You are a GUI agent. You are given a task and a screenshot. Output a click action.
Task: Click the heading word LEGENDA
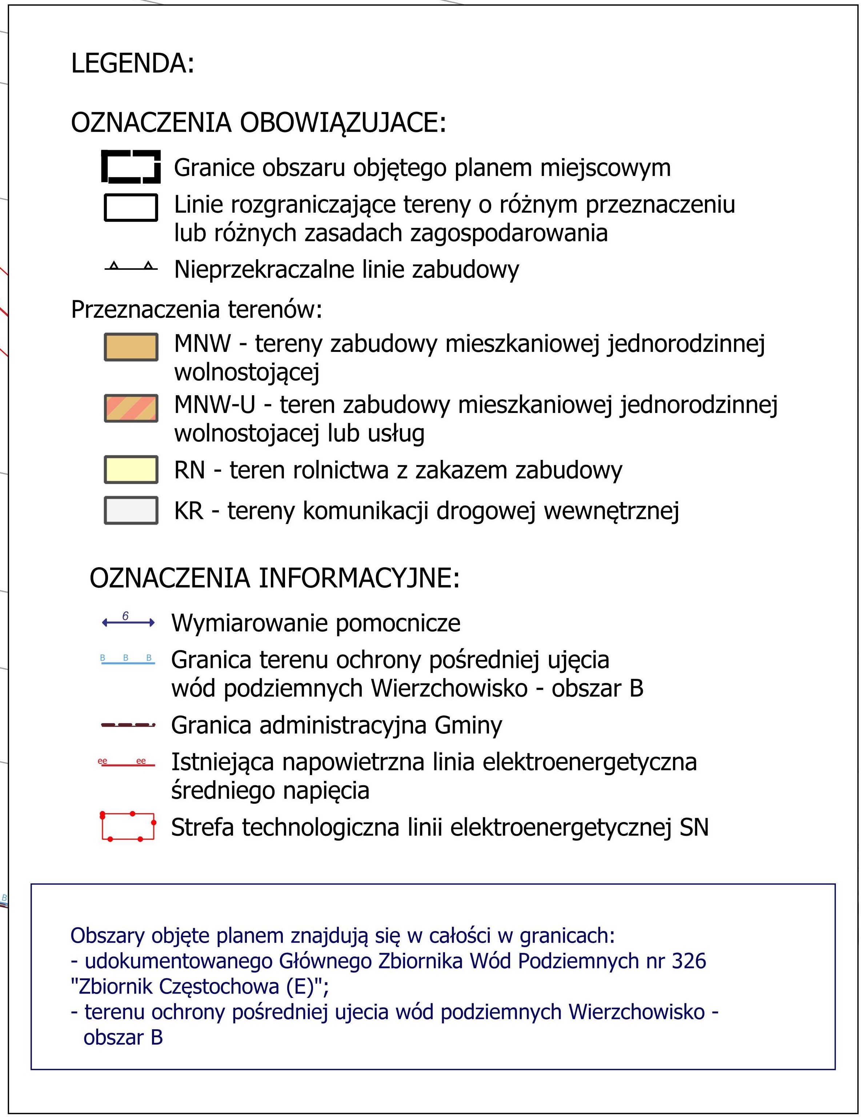click(132, 64)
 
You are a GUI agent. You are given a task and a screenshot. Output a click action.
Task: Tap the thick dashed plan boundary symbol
click(131, 167)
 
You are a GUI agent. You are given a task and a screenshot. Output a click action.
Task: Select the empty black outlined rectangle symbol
click(131, 208)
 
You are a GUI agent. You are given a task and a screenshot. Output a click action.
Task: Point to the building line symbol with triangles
click(131, 267)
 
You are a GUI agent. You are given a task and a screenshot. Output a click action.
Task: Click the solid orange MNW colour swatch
click(131, 347)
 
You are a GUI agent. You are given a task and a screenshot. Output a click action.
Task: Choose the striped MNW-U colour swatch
click(131, 408)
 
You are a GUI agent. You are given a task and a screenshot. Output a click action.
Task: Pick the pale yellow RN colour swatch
click(131, 469)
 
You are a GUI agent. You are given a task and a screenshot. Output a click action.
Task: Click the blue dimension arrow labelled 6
click(128, 622)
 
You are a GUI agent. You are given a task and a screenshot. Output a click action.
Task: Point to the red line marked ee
click(128, 764)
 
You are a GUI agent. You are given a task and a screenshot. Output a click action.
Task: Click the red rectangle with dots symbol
click(128, 826)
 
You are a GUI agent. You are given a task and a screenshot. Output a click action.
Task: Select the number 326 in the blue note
click(688, 961)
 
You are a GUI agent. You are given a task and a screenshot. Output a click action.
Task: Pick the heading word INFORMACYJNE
click(359, 578)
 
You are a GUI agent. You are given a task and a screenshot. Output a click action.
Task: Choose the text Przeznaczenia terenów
click(196, 309)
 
